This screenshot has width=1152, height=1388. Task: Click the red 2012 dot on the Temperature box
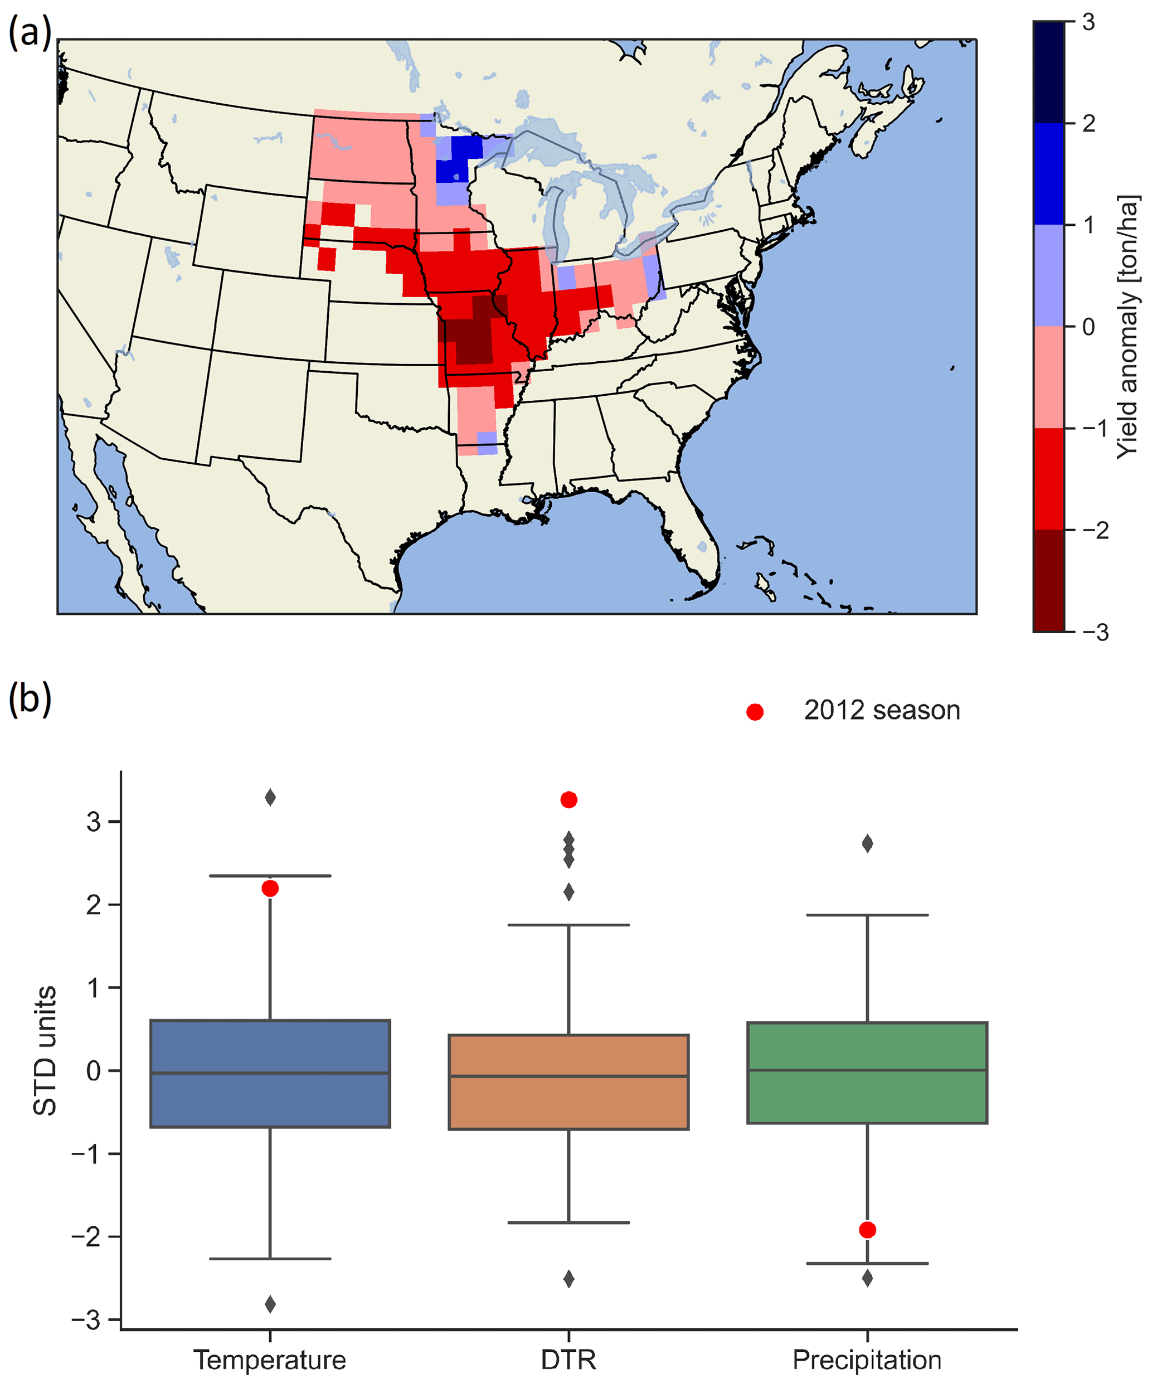click(270, 889)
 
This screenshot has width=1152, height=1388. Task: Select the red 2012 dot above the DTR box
click(568, 800)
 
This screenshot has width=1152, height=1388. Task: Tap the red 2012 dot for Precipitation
click(867, 1229)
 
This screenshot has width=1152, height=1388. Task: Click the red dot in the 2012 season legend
click(755, 712)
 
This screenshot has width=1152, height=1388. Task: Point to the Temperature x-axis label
click(270, 1360)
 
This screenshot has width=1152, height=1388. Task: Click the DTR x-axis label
click(568, 1360)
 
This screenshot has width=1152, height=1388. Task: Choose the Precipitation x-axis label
click(867, 1360)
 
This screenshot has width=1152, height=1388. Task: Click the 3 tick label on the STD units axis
click(94, 822)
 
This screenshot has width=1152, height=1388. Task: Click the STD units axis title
click(45, 1051)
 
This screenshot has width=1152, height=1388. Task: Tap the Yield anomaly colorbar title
click(1127, 327)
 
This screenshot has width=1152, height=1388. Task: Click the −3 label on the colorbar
click(1096, 633)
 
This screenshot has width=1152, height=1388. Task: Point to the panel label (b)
click(30, 699)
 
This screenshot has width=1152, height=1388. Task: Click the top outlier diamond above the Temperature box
click(270, 797)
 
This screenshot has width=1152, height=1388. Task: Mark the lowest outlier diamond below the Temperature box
click(270, 1304)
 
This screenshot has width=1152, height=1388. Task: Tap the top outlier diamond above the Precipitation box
click(867, 843)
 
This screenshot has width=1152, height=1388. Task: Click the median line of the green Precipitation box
click(867, 1070)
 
